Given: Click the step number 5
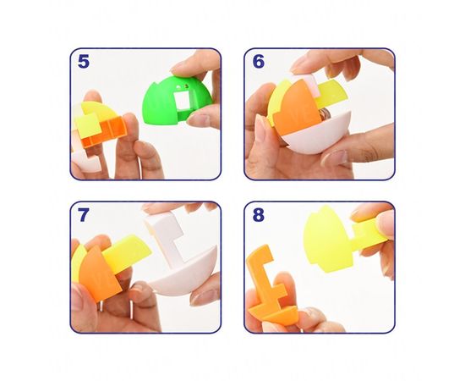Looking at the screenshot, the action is (x=84, y=62).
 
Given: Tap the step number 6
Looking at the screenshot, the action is (x=259, y=62).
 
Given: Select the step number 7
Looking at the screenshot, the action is (x=83, y=215).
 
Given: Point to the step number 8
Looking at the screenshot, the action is (x=259, y=215).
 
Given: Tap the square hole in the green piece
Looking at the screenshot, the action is (x=182, y=101).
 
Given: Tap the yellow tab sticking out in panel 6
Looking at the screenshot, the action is (x=331, y=92).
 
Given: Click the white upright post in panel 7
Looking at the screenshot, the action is (x=165, y=235).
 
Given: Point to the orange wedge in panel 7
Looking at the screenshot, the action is (x=98, y=274).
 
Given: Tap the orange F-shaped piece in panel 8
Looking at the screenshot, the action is (x=267, y=285).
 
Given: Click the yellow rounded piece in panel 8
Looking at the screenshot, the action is (x=328, y=239).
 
